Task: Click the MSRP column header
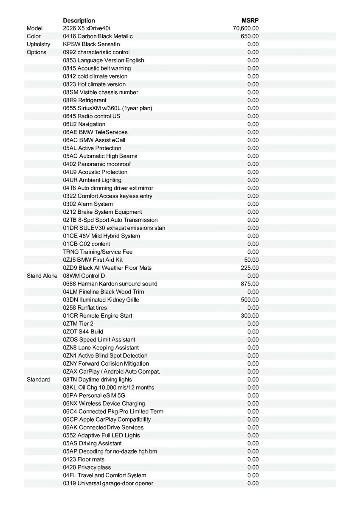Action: tap(250, 20)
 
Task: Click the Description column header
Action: tap(79, 20)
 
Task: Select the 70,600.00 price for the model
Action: tap(246, 28)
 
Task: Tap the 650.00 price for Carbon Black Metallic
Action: tap(250, 36)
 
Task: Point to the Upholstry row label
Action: tap(38, 44)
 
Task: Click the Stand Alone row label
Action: tap(42, 276)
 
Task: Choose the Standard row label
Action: tap(38, 380)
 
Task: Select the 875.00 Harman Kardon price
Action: tap(250, 284)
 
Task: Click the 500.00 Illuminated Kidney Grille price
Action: tap(250, 300)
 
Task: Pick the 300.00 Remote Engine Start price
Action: tap(250, 316)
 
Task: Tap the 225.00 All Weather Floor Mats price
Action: tap(250, 268)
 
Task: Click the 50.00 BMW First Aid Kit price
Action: tap(251, 260)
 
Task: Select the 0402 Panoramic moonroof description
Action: tap(97, 164)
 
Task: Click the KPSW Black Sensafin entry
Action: tap(91, 44)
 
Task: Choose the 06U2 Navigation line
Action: tap(84, 124)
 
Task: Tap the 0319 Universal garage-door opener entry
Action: tap(108, 483)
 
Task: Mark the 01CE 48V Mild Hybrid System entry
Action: tap(101, 236)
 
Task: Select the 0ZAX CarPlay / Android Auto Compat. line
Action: tap(112, 372)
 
